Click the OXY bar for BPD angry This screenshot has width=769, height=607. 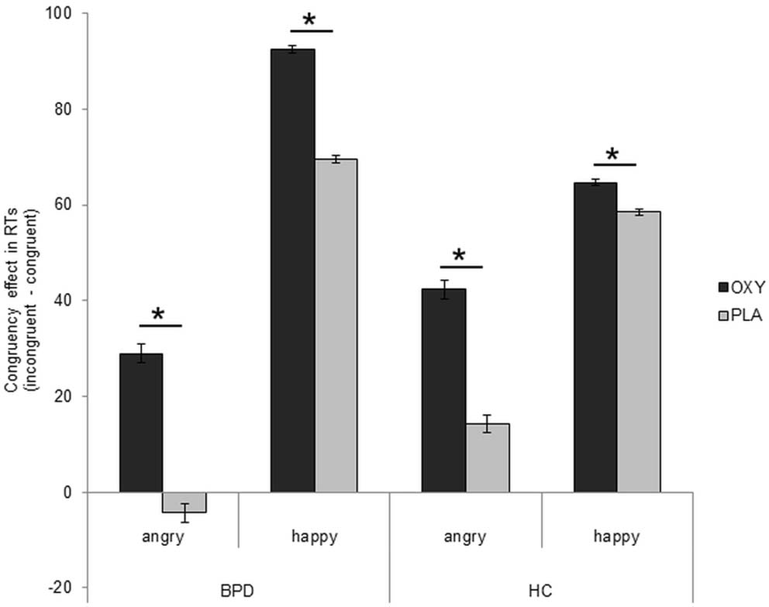pyautogui.click(x=140, y=422)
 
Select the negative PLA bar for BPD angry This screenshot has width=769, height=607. pyautogui.click(x=184, y=502)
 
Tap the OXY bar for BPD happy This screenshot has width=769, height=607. pyautogui.click(x=292, y=271)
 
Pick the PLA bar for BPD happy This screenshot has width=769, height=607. pyautogui.click(x=336, y=326)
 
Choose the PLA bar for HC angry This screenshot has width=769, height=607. pyautogui.click(x=488, y=457)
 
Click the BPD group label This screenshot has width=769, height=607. pyautogui.click(x=239, y=589)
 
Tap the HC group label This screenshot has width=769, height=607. pyautogui.click(x=541, y=589)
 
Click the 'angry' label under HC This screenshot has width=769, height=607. pyautogui.click(x=465, y=537)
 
